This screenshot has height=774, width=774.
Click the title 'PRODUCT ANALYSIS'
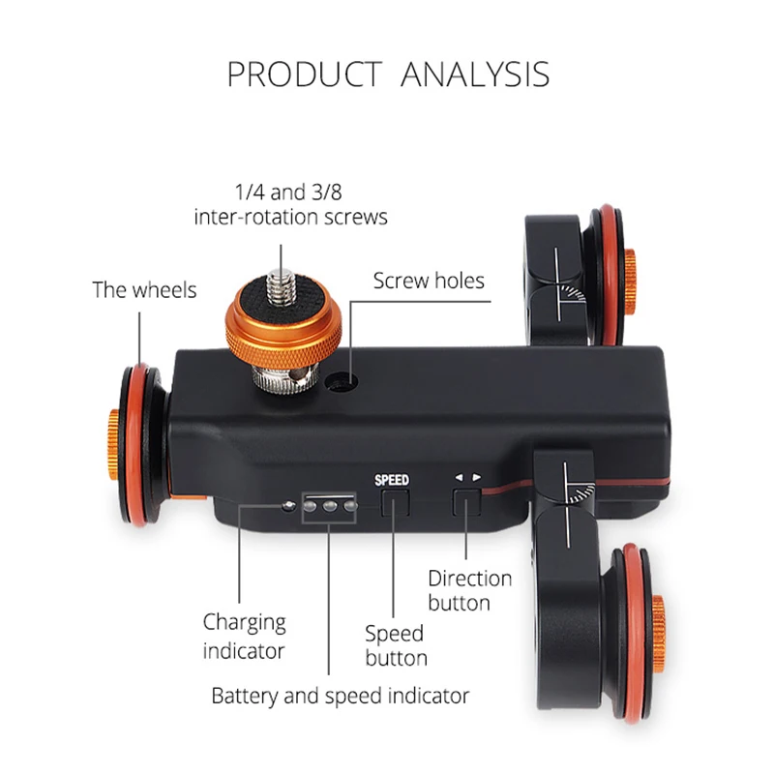[387, 74]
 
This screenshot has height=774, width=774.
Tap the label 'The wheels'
[144, 289]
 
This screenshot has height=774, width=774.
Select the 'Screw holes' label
[429, 282]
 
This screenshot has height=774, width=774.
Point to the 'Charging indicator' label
[244, 635]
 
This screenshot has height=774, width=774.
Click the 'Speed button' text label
[395, 646]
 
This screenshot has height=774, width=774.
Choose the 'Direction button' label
[470, 590]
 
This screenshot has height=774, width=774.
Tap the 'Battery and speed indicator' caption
[341, 695]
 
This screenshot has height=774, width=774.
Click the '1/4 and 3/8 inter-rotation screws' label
[290, 204]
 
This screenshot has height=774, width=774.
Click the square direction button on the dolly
[466, 503]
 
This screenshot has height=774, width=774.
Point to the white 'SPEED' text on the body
[392, 480]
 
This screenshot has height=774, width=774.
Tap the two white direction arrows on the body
[468, 477]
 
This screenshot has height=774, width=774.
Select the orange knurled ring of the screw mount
[283, 334]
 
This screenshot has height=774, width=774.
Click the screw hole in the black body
[340, 380]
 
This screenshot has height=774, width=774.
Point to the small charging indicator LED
[287, 506]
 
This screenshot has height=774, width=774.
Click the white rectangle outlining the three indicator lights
[329, 505]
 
